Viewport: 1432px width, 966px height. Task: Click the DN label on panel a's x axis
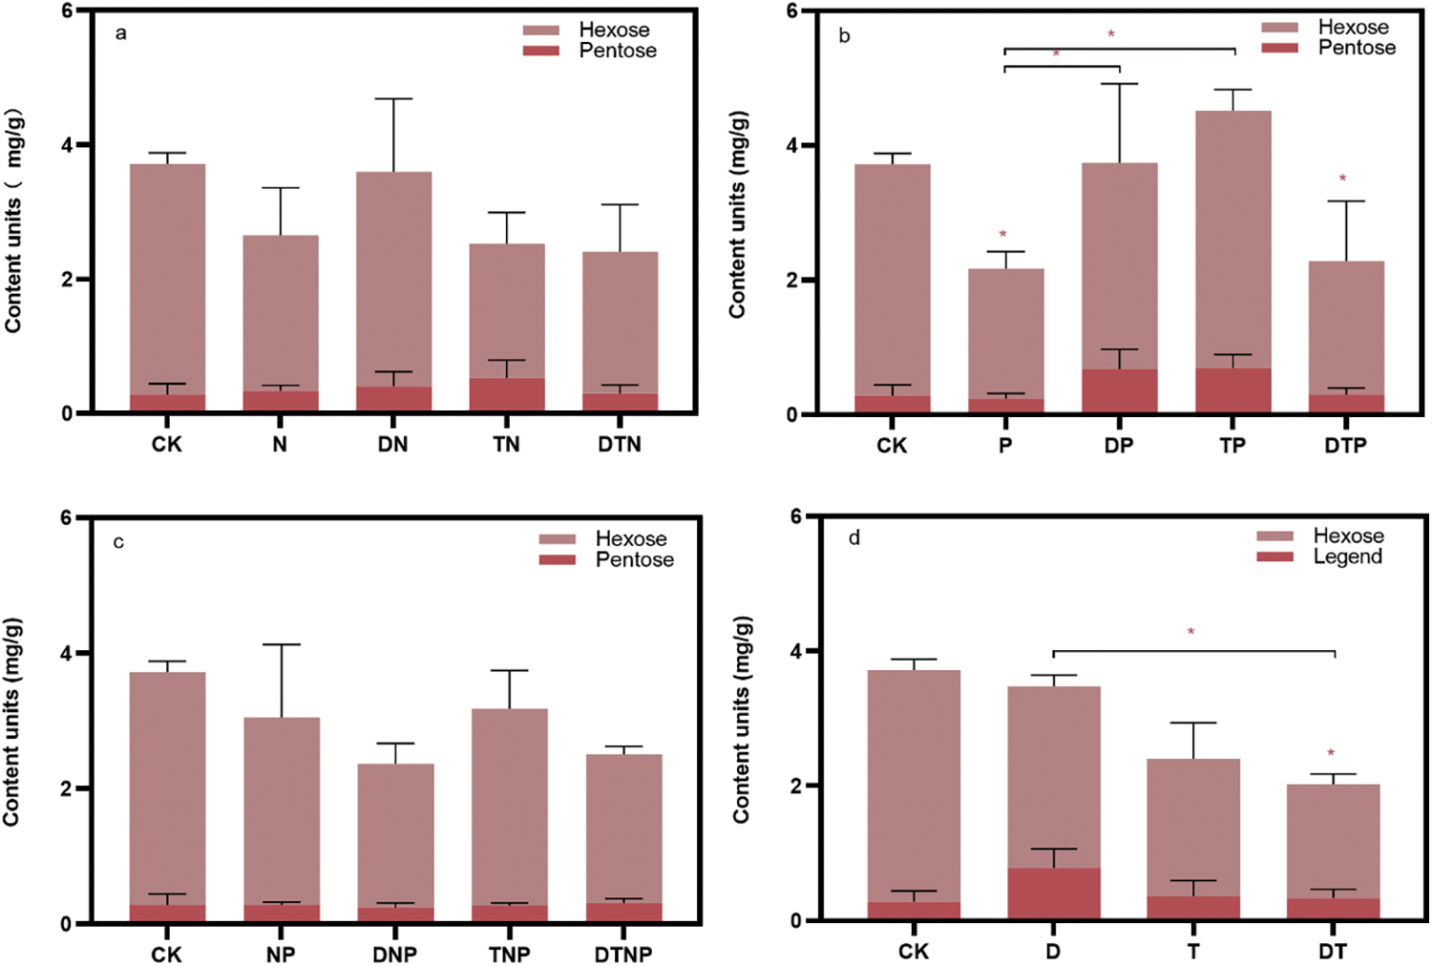(x=392, y=444)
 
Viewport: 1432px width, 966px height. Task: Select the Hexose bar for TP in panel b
(x=1232, y=239)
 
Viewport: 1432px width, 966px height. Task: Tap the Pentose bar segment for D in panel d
(x=1053, y=893)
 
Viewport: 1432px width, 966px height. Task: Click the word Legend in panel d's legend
(x=1347, y=556)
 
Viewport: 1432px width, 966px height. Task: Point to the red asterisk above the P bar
(x=1002, y=235)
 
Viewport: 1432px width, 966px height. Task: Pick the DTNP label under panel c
(x=623, y=954)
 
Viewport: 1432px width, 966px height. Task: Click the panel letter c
(x=118, y=542)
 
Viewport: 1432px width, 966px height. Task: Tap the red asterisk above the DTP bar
(x=1342, y=179)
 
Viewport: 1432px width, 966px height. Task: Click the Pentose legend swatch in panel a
(x=540, y=51)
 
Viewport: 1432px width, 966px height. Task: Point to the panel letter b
(x=844, y=35)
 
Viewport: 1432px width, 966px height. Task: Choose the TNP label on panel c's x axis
(x=509, y=954)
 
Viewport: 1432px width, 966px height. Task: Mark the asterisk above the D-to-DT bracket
(x=1190, y=632)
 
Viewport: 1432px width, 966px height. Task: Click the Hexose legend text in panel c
(x=631, y=539)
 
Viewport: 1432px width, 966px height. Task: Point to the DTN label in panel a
(x=620, y=444)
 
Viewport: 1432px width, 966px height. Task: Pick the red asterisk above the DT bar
(x=1330, y=753)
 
